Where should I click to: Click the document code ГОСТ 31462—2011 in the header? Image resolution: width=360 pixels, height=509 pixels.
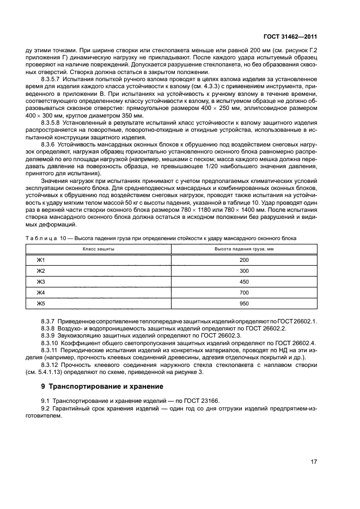[291, 37]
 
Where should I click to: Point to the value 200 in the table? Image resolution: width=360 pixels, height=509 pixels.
[243, 260]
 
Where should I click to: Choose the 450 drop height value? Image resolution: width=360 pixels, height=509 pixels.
[243, 281]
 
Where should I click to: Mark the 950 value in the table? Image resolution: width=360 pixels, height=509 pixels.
[243, 303]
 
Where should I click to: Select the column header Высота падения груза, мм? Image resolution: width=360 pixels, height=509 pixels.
[243, 249]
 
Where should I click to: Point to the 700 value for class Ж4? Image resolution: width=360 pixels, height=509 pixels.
[243, 292]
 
